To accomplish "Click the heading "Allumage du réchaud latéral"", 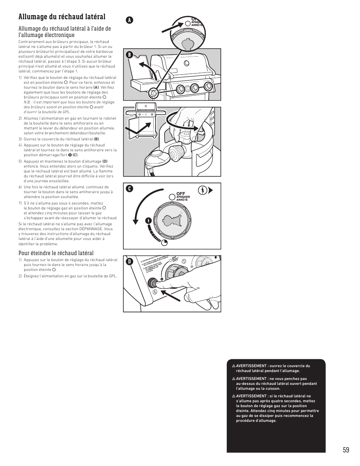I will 62,17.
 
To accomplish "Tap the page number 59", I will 346,450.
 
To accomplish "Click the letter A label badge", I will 130,21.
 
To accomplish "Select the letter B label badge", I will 130,55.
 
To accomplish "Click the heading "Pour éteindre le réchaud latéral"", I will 56,253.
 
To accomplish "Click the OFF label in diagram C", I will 181,194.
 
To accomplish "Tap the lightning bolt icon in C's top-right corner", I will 203,190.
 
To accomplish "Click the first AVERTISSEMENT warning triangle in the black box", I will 234,366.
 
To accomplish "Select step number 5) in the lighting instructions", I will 20,161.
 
